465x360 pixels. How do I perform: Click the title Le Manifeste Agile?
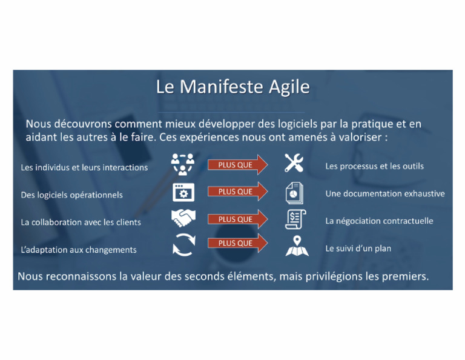[232, 87]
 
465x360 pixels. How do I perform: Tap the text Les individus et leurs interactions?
[84, 167]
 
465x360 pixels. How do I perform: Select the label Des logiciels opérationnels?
[71, 195]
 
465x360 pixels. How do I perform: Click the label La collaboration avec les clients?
[81, 222]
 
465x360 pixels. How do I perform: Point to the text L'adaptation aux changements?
[79, 250]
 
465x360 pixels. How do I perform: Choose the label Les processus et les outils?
[374, 166]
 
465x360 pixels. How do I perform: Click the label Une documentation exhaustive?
[384, 194]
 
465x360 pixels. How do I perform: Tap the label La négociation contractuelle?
[379, 221]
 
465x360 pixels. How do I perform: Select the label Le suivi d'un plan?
[358, 248]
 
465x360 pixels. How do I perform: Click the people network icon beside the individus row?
[182, 164]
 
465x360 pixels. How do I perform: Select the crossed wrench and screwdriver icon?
[294, 163]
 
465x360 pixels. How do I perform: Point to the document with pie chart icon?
[295, 193]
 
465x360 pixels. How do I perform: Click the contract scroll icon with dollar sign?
[295, 219]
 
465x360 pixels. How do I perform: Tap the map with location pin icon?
[297, 246]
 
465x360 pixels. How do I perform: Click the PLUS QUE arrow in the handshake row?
[237, 219]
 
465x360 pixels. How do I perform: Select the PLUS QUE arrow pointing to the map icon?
[237, 244]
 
